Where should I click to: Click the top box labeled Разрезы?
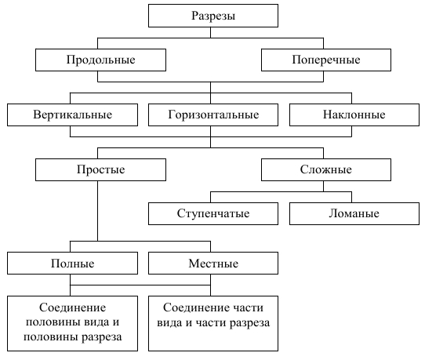coord(213,16)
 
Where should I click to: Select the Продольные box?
coord(100,60)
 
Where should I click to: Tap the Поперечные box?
coord(326,60)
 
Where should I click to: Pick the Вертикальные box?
coord(72,115)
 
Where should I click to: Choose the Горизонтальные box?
coord(213,115)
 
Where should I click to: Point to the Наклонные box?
coord(354,115)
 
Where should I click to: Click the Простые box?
coord(100,169)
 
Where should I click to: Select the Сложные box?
coord(326,169)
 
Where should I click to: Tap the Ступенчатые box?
coord(213,213)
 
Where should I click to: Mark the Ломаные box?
coord(354,213)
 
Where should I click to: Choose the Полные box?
coord(72,264)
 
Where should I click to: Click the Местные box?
coord(213,264)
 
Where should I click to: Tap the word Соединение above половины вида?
coord(72,307)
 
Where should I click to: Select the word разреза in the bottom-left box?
coord(102,337)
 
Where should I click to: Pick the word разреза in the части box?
coord(249,323)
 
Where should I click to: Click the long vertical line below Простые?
coord(97,211)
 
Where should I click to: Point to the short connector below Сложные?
coord(323,187)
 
